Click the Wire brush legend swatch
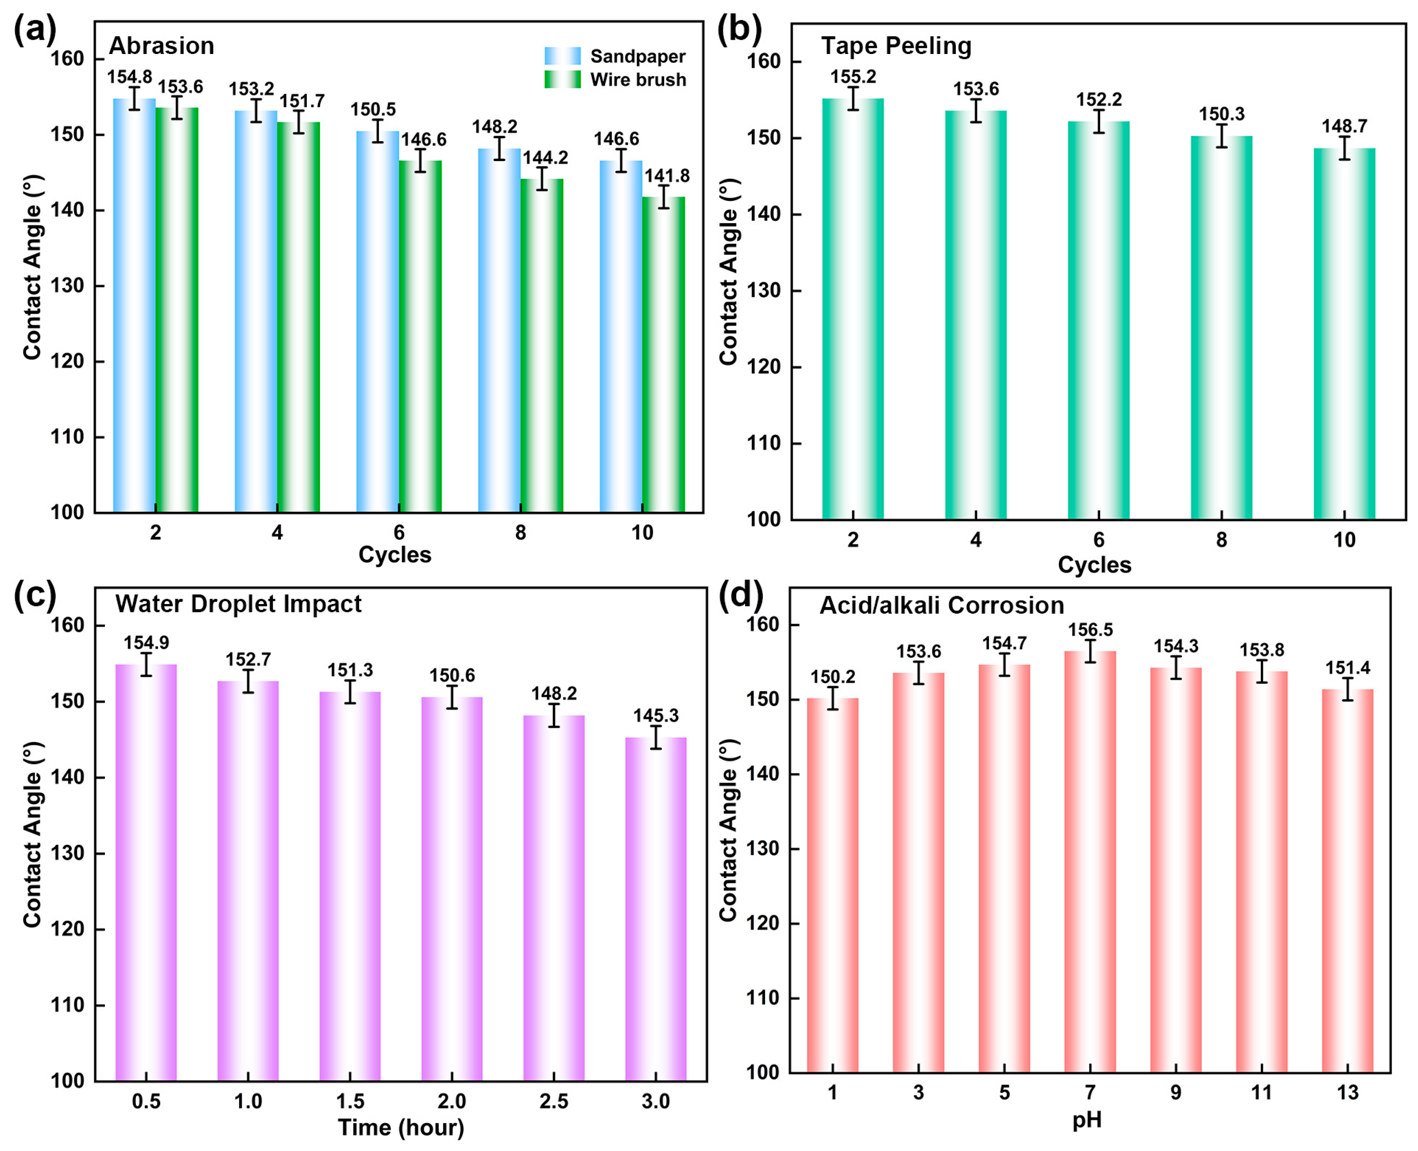(x=562, y=80)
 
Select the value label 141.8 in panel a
(x=667, y=176)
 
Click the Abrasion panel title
(x=161, y=46)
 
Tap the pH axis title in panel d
(x=1087, y=1120)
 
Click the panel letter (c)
(x=35, y=595)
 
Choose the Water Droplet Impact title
(x=238, y=604)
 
